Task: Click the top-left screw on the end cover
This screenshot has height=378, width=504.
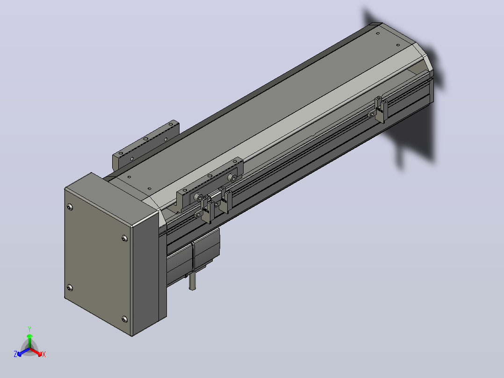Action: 70,207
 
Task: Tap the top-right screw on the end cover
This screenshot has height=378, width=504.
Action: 125,238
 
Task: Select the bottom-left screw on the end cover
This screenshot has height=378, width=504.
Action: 70,287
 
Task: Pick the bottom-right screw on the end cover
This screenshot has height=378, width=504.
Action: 125,319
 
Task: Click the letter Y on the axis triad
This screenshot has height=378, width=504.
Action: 29,329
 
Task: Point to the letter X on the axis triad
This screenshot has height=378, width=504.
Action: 44,354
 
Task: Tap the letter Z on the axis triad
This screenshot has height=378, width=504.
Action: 15,354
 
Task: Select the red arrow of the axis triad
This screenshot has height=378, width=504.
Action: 36,352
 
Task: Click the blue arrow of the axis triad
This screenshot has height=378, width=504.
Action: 23,352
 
